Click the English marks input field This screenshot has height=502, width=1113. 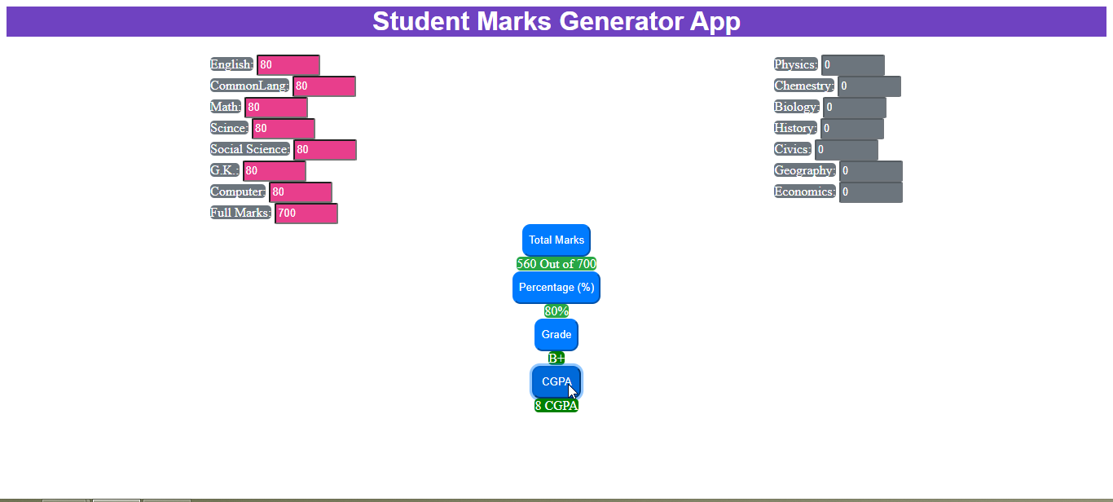288,64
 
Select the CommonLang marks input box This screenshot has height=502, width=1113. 324,86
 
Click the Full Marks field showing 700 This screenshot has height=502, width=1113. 306,214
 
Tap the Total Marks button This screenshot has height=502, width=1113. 556,240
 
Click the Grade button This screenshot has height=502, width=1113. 556,334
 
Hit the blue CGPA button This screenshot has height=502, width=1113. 556,381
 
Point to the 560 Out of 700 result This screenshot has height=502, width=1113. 556,264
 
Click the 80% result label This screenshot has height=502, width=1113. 556,311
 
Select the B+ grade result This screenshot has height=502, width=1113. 556,358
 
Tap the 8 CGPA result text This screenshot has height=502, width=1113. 556,406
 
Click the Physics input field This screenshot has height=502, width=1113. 852,64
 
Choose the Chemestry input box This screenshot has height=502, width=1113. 869,86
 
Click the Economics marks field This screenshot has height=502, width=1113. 871,192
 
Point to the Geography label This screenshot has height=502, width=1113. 805,170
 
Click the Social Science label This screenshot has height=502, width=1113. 250,149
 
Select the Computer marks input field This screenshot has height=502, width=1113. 301,192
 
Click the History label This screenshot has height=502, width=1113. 795,128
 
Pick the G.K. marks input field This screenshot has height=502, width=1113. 275,170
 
